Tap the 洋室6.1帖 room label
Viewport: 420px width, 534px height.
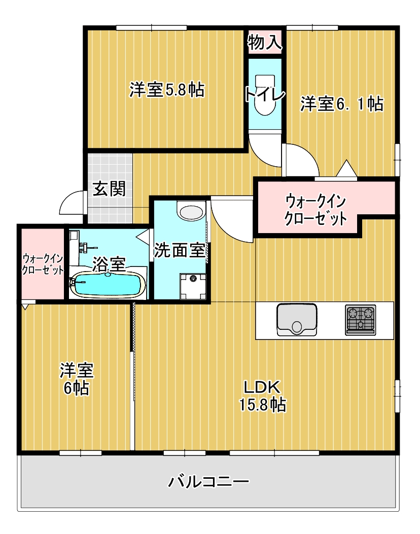coord(341,104)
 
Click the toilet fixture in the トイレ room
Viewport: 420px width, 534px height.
coord(264,96)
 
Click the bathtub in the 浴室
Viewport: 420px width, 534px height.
coord(107,285)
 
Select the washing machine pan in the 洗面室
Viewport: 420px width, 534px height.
coord(193,285)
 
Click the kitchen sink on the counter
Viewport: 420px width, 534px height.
coord(297,320)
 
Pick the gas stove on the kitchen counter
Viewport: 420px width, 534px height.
coord(361,319)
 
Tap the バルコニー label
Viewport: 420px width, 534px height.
coord(208,480)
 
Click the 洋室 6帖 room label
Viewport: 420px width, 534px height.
coord(76,379)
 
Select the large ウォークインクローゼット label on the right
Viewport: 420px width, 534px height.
coord(316,210)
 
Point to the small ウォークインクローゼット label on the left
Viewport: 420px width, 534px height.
coord(43,263)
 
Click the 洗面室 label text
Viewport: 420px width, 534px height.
coord(180,251)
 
